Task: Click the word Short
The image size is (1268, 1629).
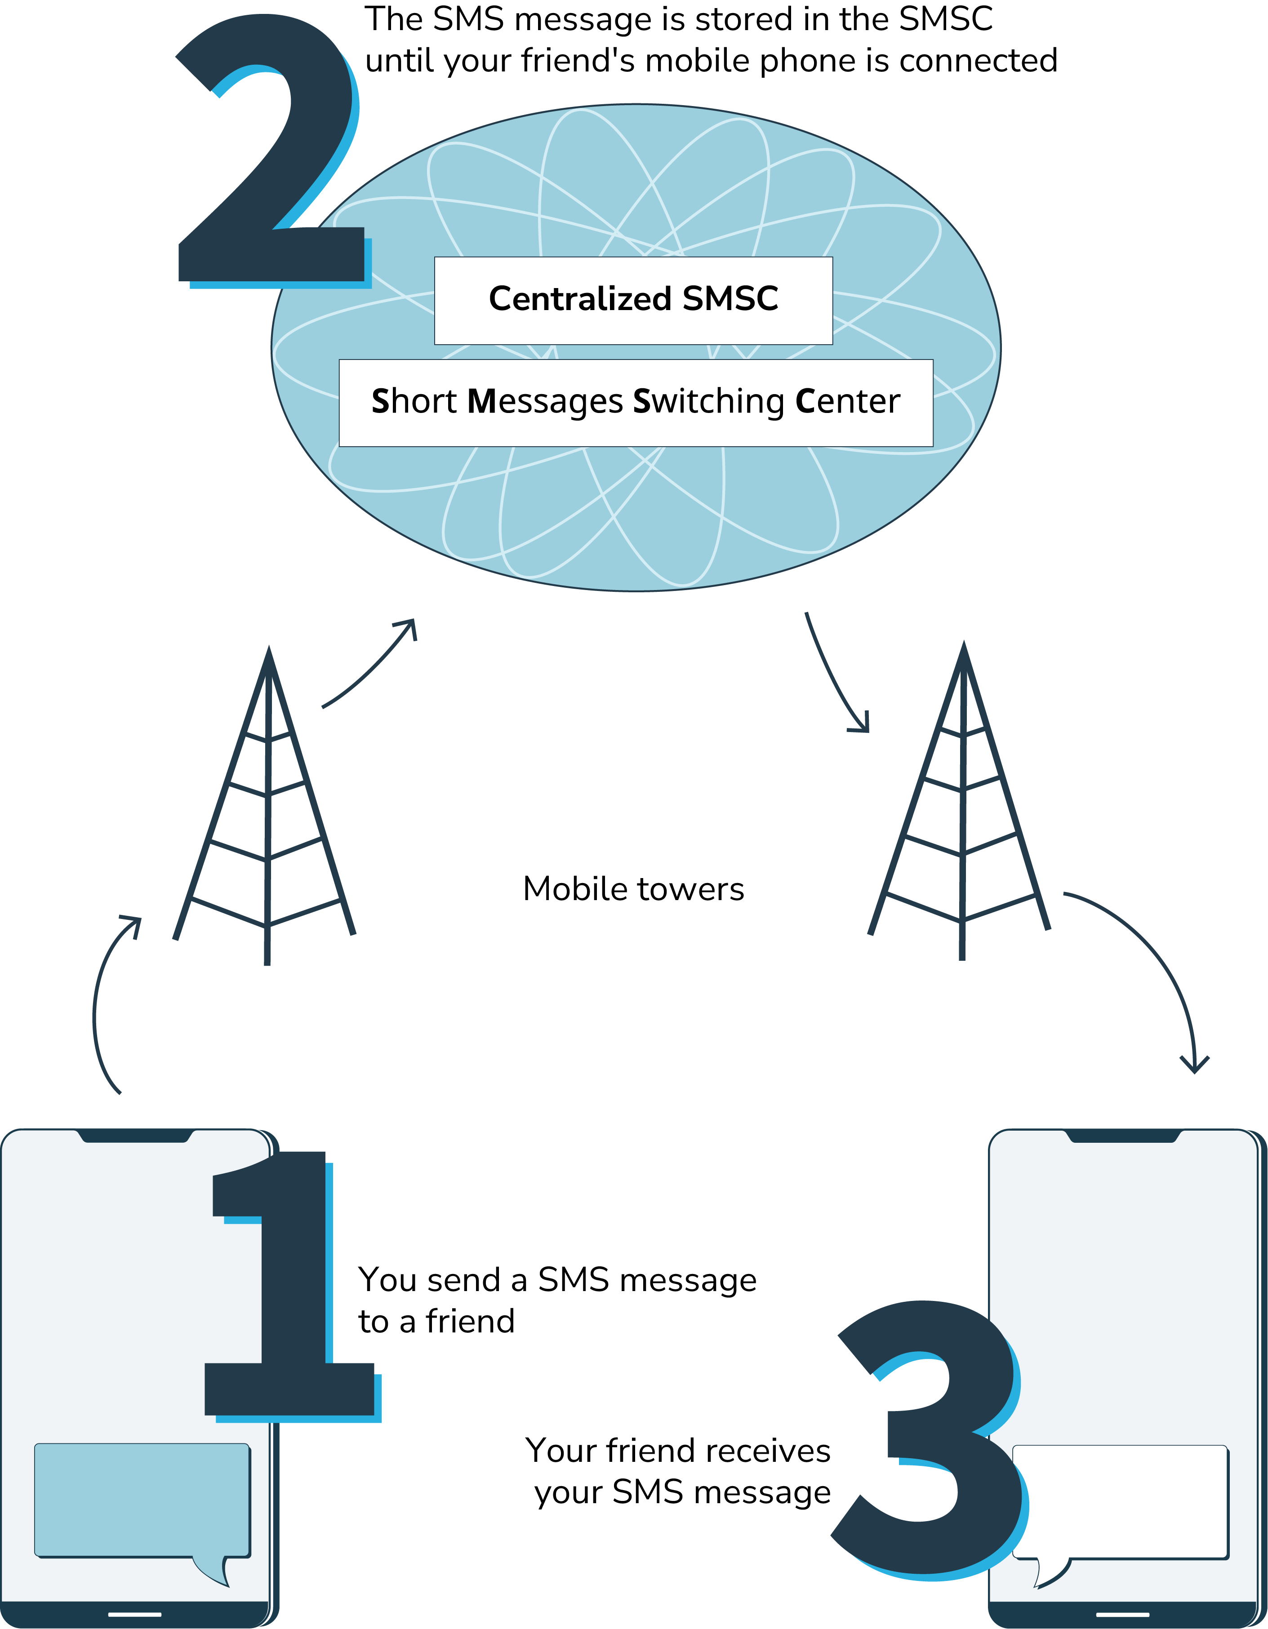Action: coord(414,401)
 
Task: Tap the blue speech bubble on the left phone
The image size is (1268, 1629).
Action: coord(142,1499)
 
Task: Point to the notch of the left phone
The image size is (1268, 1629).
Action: coord(135,1136)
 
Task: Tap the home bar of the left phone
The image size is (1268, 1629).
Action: coord(135,1614)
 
